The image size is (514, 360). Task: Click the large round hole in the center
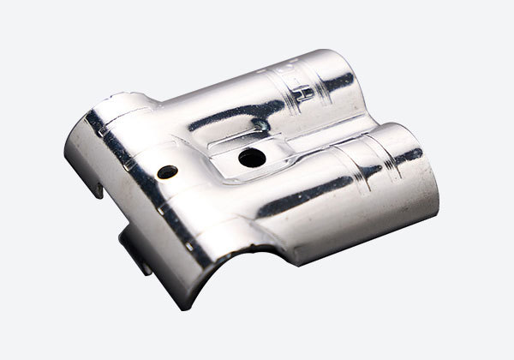[250, 158]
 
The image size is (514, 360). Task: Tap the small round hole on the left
[168, 171]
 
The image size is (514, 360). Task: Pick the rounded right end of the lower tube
[420, 171]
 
